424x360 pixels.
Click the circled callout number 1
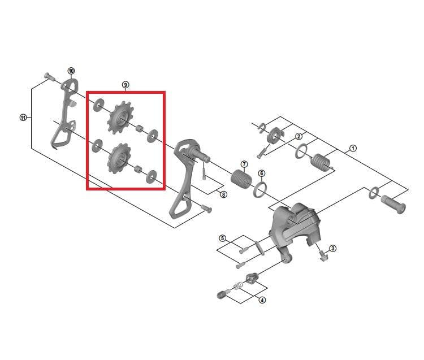click(353, 149)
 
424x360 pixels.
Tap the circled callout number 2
click(298, 136)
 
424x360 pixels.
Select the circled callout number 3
click(332, 248)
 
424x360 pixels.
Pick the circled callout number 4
click(262, 300)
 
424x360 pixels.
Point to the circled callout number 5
click(222, 238)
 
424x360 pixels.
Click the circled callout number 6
click(262, 174)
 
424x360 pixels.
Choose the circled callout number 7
click(244, 164)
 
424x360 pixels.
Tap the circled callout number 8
click(223, 194)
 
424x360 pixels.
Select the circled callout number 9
click(125, 85)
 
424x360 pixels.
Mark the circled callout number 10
click(71, 71)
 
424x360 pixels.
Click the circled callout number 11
click(23, 118)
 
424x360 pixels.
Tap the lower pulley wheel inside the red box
click(119, 159)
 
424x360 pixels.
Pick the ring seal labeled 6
click(260, 190)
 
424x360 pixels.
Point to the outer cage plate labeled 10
click(65, 114)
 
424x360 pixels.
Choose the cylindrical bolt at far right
click(393, 205)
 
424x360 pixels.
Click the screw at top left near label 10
click(49, 76)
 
